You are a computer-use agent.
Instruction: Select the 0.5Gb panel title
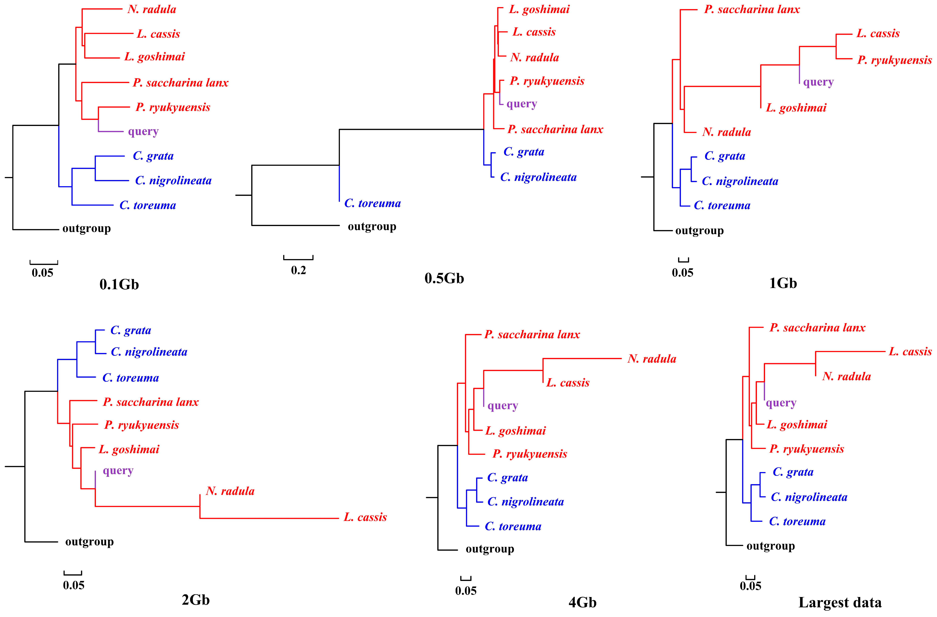444,278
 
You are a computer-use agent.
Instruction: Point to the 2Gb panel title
196,600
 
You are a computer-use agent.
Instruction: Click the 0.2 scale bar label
298,270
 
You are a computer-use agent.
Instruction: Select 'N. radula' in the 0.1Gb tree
152,9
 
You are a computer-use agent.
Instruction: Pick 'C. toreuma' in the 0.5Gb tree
372,203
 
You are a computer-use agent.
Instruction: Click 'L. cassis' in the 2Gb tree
365,517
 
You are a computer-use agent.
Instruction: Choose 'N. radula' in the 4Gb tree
652,359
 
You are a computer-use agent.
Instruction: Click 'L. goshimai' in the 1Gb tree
796,108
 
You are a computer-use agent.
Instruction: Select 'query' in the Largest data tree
781,403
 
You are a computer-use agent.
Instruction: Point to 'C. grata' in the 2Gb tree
131,330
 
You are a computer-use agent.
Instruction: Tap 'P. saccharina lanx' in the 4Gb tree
532,334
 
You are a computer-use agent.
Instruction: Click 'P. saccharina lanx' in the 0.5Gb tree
555,130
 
